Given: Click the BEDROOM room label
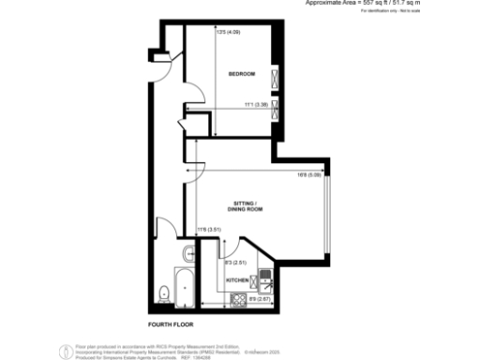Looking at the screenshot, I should click(x=242, y=74).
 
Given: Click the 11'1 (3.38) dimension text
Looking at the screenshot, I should click(x=257, y=105).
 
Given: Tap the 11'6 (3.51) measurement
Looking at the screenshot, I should click(x=207, y=230).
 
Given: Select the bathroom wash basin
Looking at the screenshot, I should click(x=187, y=251).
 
